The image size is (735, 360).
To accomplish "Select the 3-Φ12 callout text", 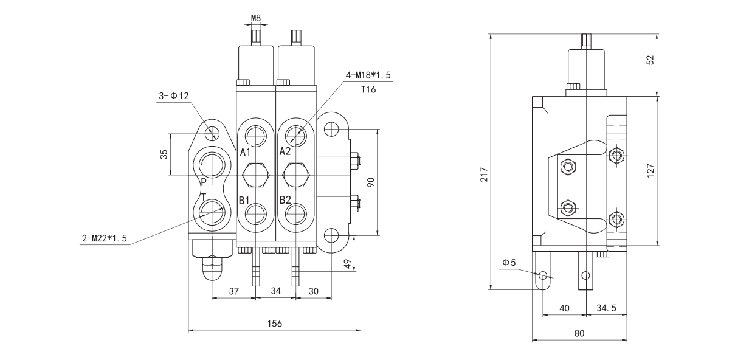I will click(x=174, y=96).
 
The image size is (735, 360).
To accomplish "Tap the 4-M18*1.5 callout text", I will click(x=368, y=75).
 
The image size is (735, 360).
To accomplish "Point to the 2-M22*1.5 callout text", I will click(x=105, y=238).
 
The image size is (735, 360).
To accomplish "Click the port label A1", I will click(x=245, y=151).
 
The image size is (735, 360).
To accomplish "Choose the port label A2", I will click(x=286, y=151).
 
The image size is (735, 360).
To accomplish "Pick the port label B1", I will click(x=244, y=200).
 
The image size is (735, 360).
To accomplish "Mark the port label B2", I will click(x=286, y=200).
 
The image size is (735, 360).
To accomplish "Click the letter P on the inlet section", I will click(x=204, y=182).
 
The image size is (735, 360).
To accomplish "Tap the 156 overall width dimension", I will click(x=275, y=324).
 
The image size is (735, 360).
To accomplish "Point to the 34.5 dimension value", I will click(x=606, y=308).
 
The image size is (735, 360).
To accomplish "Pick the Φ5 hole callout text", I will click(x=509, y=263).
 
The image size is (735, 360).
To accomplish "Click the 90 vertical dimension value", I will click(x=370, y=181).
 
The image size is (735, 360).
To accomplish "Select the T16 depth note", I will click(x=368, y=88).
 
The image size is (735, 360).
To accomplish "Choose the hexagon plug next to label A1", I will click(x=255, y=175).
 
